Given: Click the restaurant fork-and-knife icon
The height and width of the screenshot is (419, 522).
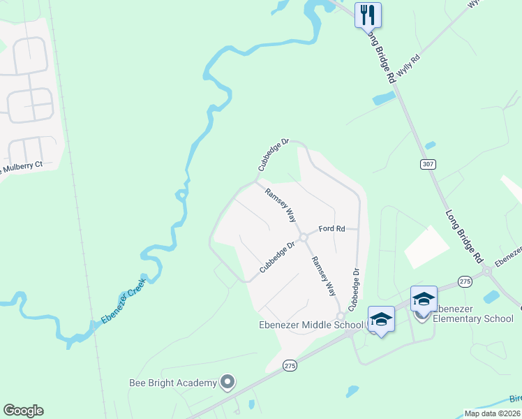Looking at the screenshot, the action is (x=368, y=14).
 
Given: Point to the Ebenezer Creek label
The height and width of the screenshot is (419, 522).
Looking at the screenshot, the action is (x=122, y=301).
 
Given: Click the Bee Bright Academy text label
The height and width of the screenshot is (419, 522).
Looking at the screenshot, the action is (x=173, y=383).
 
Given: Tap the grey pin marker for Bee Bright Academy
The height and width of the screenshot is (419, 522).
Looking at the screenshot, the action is (x=226, y=382).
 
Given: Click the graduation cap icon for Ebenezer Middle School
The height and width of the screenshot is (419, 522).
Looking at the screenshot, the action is (x=380, y=319).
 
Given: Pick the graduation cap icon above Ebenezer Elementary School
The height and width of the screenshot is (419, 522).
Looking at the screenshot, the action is (x=424, y=298).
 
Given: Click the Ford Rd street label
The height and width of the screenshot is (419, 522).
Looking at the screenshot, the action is (x=331, y=228).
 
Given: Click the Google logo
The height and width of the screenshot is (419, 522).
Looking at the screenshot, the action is (x=23, y=411).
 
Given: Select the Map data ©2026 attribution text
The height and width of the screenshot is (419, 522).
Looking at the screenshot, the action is (x=493, y=413).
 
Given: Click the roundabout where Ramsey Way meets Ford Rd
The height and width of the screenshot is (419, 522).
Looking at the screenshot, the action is (x=304, y=237).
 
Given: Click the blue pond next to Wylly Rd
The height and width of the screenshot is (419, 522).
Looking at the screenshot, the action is (x=383, y=98).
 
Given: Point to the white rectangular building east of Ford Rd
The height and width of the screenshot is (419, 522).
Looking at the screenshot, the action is (x=426, y=247).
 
